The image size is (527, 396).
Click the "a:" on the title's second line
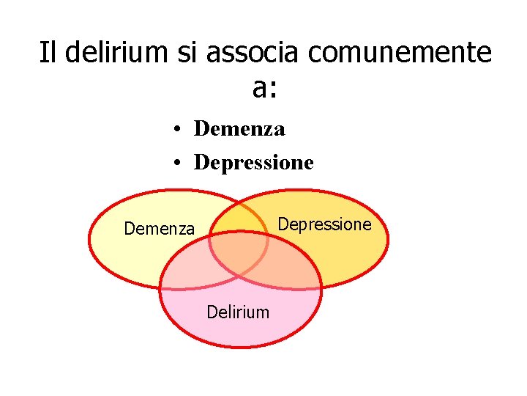pyautogui.click(x=264, y=88)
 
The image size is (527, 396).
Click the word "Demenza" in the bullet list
pyautogui.click(x=239, y=130)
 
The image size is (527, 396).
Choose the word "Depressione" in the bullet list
pyautogui.click(x=253, y=162)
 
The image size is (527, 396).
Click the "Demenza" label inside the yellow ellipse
pyautogui.click(x=160, y=229)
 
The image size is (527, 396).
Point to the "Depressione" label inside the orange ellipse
pyautogui.click(x=326, y=224)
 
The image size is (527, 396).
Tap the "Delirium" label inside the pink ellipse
pyautogui.click(x=238, y=312)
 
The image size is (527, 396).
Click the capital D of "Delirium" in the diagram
pyautogui.click(x=212, y=312)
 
